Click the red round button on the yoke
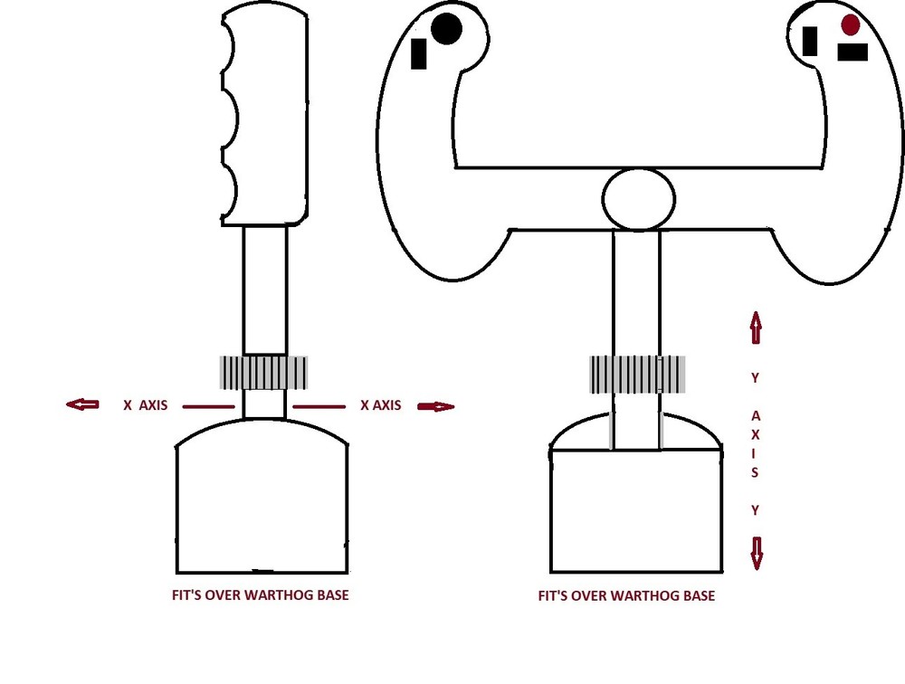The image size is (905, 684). (x=850, y=24)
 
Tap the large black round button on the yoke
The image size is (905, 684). (x=446, y=29)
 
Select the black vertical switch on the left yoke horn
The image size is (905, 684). (x=418, y=53)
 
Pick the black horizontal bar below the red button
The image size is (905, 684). (x=853, y=52)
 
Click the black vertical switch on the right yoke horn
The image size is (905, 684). (x=810, y=41)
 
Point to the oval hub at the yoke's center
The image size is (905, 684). (x=638, y=199)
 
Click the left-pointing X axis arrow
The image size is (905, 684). (x=82, y=404)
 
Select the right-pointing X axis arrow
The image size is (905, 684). (x=436, y=406)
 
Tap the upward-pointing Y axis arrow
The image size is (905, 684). (x=756, y=328)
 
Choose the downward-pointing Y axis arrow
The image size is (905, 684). (x=756, y=553)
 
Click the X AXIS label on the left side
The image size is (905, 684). (x=146, y=405)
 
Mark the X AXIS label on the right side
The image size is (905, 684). (x=380, y=405)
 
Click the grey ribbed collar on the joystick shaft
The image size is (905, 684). (x=263, y=372)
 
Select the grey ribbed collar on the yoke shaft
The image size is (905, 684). (x=637, y=374)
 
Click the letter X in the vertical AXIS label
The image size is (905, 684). (x=755, y=434)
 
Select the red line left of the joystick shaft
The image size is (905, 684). (x=208, y=406)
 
